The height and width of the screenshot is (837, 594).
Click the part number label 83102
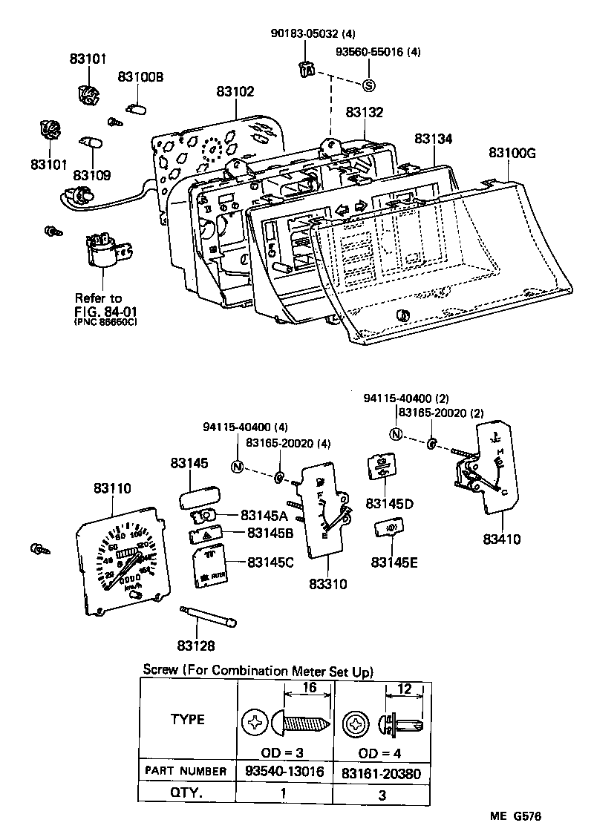click(236, 92)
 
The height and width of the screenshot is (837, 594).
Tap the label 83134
click(434, 139)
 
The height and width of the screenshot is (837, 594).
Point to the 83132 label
click(365, 112)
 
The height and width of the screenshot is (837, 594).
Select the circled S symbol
click(368, 85)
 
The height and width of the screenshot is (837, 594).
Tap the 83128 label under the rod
click(195, 646)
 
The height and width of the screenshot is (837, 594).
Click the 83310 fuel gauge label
click(327, 584)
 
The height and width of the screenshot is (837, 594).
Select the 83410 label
click(501, 539)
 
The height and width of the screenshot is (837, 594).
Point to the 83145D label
click(390, 504)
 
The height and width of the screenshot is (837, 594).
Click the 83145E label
click(394, 562)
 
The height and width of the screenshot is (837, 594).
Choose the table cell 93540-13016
click(284, 772)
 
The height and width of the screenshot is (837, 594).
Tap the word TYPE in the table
click(188, 719)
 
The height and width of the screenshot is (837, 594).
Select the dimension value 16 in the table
click(309, 688)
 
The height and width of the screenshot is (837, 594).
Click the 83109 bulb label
click(92, 176)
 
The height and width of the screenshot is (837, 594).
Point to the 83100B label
click(141, 77)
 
